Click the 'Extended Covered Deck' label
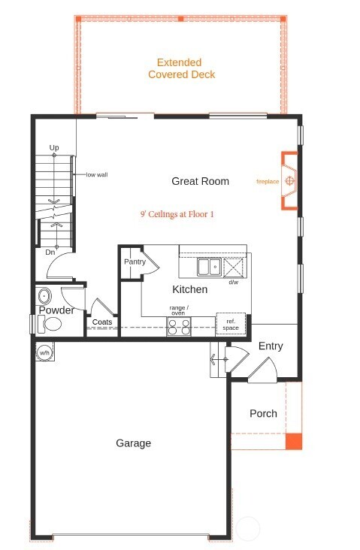181,69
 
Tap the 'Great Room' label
200,181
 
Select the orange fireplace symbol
288,181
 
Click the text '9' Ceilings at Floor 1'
177,214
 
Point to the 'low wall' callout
96,174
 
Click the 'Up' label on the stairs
54,147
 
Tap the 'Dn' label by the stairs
50,252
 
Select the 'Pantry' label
135,261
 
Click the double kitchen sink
209,266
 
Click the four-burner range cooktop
178,326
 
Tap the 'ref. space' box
230,323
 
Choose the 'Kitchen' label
189,289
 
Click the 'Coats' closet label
102,322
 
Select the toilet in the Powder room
50,325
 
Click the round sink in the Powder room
44,295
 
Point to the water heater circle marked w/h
44,352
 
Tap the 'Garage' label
133,443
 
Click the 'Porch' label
263,413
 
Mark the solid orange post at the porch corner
294,442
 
